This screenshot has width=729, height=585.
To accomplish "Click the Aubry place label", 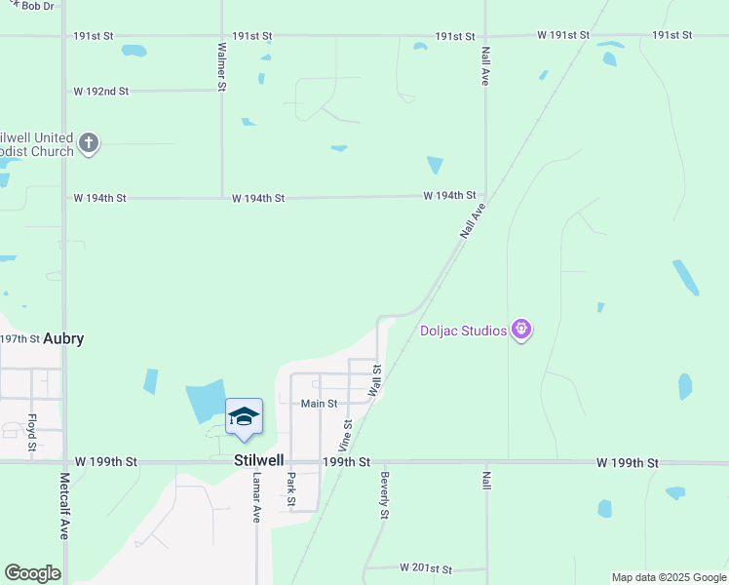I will tap(61, 338).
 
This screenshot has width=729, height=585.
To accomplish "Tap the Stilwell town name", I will tap(258, 460).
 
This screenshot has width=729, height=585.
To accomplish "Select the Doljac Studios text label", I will tap(463, 331).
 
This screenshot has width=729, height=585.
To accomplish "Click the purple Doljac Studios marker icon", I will tap(522, 330).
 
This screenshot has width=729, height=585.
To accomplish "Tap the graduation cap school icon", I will tap(244, 417).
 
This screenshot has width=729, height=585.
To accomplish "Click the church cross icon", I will tap(89, 143).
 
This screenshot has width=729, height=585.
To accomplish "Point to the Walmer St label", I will tap(222, 66).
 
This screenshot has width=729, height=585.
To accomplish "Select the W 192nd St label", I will tap(101, 92).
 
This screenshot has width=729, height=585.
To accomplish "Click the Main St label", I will tap(319, 404).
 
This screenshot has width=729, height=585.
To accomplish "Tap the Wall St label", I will tap(374, 380).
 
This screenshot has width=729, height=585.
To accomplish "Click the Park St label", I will tap(290, 489).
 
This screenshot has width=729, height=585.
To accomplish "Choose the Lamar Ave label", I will tap(257, 497).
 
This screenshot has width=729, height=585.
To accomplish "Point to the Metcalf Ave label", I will tap(64, 506).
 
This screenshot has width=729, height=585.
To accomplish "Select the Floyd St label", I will tap(32, 432).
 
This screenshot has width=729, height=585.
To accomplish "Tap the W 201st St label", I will tap(426, 567).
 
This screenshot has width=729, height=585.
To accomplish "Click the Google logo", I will tap(32, 573).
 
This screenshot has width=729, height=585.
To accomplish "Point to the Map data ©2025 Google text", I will tap(669, 577).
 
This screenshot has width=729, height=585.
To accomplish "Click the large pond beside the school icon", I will tap(205, 401).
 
